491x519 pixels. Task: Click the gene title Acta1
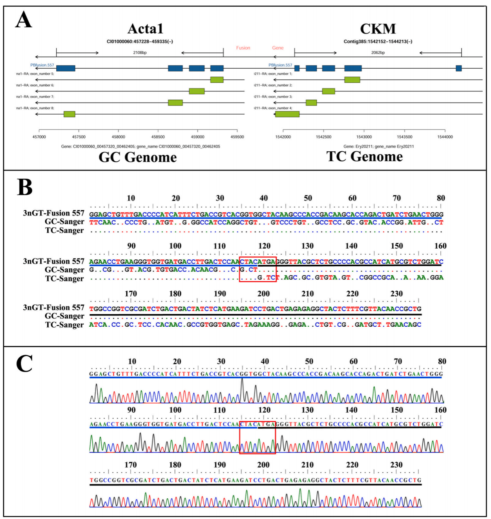[145, 29]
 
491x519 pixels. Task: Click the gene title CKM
[378, 29]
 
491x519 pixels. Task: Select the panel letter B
[25, 187]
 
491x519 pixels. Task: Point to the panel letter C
[24, 364]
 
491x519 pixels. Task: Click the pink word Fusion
[243, 48]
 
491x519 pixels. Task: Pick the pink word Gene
[278, 48]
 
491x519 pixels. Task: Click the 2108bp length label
[140, 53]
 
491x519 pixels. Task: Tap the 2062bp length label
[378, 53]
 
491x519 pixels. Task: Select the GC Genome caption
[137, 157]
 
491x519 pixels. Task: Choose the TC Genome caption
[364, 156]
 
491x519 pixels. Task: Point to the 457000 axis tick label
[39, 137]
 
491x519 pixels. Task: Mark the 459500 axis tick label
[237, 137]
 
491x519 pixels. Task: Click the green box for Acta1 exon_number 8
[69, 114]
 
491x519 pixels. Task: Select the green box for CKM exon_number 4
[287, 114]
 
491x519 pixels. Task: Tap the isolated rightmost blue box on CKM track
[459, 68]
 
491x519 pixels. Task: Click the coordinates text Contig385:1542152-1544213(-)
[378, 41]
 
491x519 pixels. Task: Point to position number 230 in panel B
[396, 294]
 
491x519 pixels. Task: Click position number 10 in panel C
[132, 361]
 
